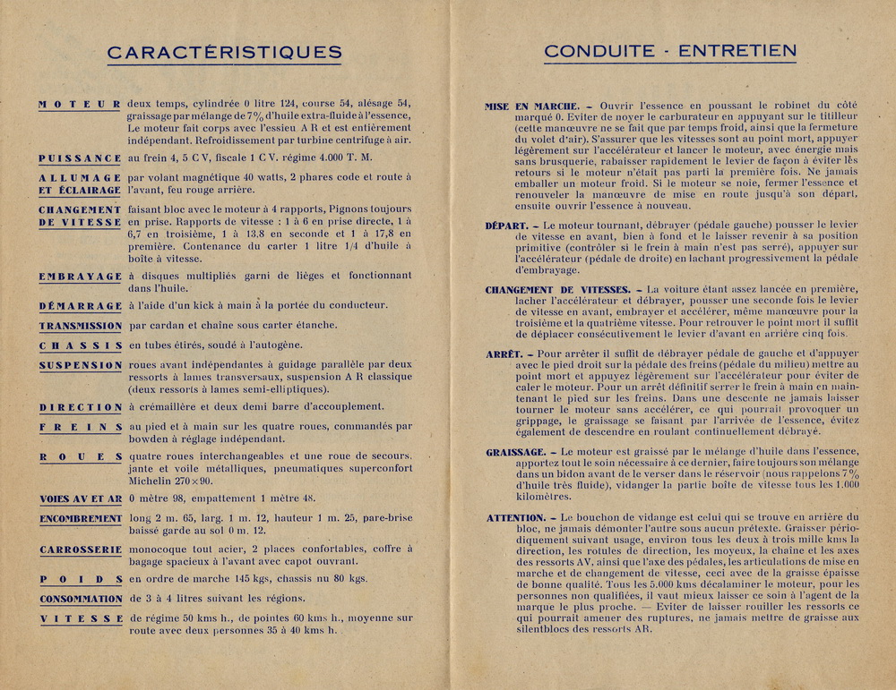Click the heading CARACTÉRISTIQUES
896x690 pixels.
[x=224, y=52]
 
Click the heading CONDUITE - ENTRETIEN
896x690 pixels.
[x=669, y=51]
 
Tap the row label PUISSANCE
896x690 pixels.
[x=80, y=158]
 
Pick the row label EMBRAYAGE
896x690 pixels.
[x=80, y=277]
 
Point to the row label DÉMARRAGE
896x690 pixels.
[x=80, y=306]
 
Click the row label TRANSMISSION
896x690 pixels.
[x=80, y=326]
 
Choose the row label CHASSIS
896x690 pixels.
[x=80, y=345]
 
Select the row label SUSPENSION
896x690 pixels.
[x=80, y=365]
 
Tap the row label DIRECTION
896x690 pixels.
[x=80, y=407]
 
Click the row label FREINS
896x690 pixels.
[x=80, y=428]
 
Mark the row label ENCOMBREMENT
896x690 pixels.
[x=80, y=519]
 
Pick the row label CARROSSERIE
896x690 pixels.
[x=80, y=549]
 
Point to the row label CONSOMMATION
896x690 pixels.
[x=80, y=599]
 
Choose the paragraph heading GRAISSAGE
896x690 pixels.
[x=516, y=453]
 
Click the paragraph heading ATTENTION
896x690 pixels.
[x=516, y=518]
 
